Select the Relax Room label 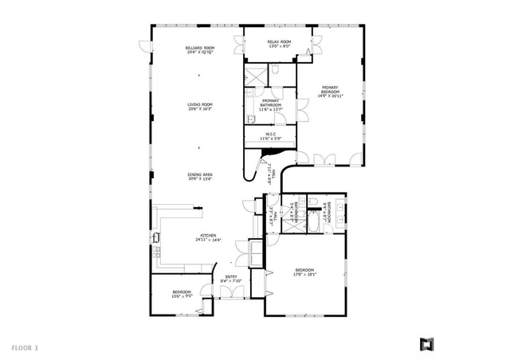click(x=279, y=44)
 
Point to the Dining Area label click(x=200, y=177)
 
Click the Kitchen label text click(x=209, y=238)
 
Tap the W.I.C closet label click(x=271, y=136)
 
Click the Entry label click(x=231, y=279)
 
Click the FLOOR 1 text click(x=25, y=346)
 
